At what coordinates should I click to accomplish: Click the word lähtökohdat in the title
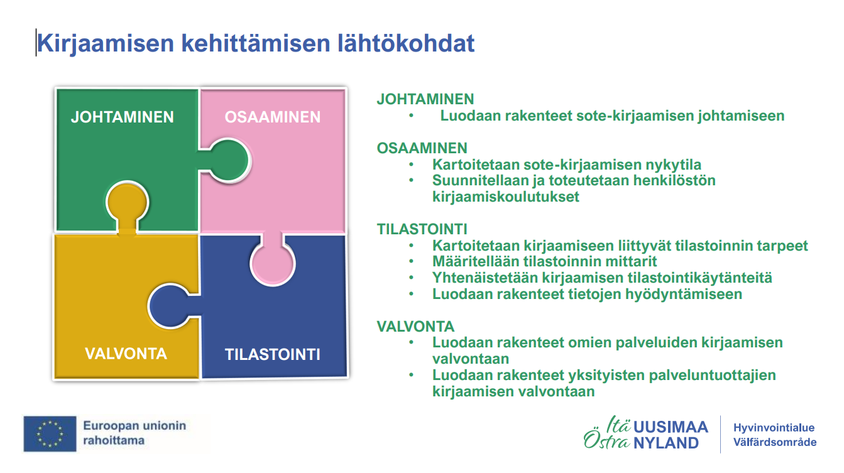coord(405,43)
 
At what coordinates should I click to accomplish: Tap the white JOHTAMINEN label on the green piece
coord(123,117)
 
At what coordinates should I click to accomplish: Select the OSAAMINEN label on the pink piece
coord(272,117)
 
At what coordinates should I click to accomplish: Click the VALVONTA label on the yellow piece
coord(126,354)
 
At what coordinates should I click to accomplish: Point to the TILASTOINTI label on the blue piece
coord(272,354)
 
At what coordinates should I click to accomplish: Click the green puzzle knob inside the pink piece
coord(227,161)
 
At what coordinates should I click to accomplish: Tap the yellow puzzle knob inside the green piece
coord(128,205)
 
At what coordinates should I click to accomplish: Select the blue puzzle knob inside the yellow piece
coord(173,306)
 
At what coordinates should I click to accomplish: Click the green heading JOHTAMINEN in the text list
coord(425,99)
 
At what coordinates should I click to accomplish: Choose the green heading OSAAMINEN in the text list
coord(422,148)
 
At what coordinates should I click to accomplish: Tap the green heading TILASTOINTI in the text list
coord(422,229)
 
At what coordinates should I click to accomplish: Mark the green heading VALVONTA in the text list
coord(415,326)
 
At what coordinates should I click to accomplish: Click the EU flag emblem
coord(50,434)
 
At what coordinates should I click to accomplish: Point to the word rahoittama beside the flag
coord(114,440)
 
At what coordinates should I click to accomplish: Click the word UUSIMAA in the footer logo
coord(671,427)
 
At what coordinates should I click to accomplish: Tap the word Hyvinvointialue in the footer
coord(774,428)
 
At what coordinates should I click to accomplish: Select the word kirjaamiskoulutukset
coord(506,197)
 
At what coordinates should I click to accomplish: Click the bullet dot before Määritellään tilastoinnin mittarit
coord(411,261)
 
